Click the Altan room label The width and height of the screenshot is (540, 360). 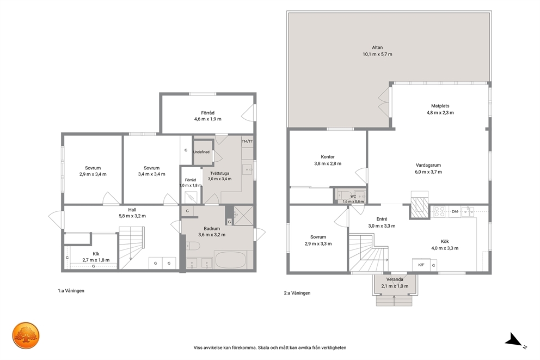coord(377,47)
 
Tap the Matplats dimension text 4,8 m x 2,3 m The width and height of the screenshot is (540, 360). coord(440,113)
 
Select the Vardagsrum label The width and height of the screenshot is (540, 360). coord(428,165)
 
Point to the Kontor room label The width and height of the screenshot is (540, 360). coord(328,157)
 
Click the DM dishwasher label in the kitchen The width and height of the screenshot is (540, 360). coord(455,211)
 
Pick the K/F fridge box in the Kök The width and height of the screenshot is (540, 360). coord(421,265)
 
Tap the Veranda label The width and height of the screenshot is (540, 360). coord(395,279)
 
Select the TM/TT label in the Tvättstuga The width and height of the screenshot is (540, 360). coord(247,141)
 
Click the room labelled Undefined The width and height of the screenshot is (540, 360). coord(201,152)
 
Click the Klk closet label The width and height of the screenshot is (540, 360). coord(96,254)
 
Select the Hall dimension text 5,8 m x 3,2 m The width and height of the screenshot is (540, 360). coord(132,216)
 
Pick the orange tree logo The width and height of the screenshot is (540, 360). coord(26,335)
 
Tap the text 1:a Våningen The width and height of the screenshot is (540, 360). coord(71,291)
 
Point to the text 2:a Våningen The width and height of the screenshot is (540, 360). coord(297,293)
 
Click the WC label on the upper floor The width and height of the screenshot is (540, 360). coord(353,197)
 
